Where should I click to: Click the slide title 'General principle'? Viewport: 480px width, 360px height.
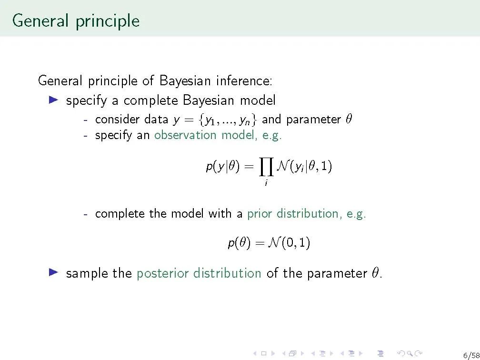click(76, 21)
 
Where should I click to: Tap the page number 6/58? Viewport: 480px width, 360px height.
click(471, 355)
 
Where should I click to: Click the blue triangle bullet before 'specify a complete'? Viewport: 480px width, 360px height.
click(53, 100)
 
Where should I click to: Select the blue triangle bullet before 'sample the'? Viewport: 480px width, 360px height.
click(53, 272)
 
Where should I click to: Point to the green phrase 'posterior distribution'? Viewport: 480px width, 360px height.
click(199, 273)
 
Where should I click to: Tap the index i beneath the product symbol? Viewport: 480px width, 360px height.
click(266, 183)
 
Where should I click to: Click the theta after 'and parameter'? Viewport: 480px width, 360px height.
click(349, 119)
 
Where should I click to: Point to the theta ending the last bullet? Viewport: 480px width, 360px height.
click(375, 272)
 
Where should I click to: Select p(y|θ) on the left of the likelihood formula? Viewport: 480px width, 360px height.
click(222, 167)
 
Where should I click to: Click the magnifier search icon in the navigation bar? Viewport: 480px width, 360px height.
click(410, 354)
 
